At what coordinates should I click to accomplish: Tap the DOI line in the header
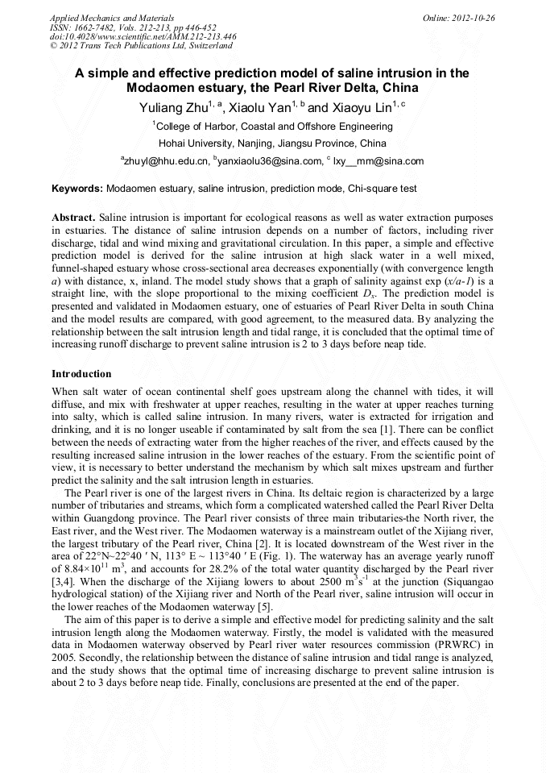[143, 36]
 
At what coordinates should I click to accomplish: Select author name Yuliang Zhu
[169, 107]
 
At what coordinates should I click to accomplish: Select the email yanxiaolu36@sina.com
[269, 161]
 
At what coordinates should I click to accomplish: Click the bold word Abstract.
[73, 218]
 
